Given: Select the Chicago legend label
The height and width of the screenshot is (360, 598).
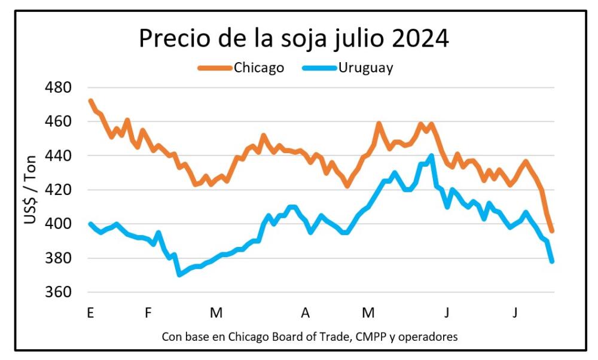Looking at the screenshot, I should [258, 67].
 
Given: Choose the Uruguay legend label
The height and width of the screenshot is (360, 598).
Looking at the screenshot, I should [365, 67].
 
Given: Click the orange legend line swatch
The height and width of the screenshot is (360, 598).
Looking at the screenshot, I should [215, 68].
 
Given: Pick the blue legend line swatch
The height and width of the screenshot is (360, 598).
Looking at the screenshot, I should [320, 68].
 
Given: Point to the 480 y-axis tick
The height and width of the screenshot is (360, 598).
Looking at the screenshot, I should [58, 87].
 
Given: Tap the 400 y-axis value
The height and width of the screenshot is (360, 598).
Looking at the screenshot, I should [58, 224].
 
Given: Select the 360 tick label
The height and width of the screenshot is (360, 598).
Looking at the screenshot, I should [58, 293].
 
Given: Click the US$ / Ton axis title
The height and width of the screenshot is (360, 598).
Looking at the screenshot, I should [30, 190].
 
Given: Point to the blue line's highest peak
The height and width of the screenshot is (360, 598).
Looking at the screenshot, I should [431, 156].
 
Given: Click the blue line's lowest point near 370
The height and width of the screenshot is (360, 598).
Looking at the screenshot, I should [179, 274].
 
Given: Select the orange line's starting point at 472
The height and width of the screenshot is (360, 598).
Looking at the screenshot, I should [90, 100].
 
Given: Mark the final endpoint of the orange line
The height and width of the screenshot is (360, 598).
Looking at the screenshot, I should [552, 231].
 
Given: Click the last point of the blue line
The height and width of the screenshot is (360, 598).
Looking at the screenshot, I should [552, 261].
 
